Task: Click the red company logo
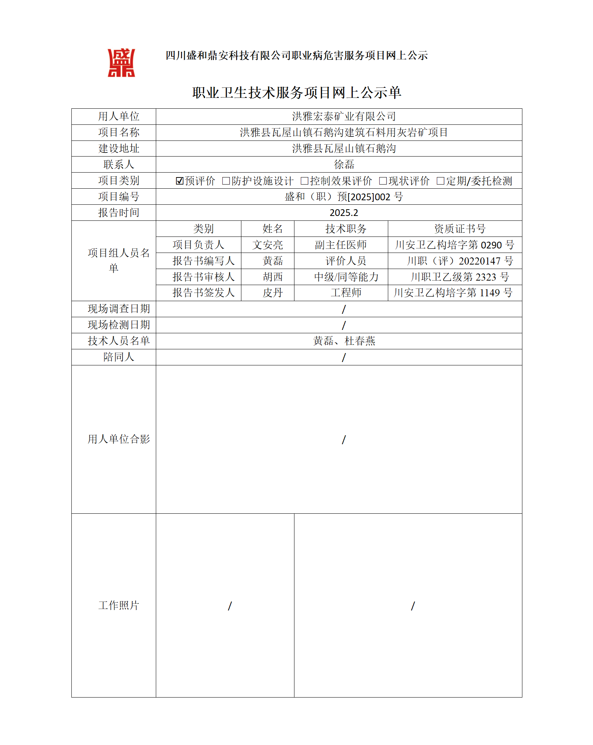pyautogui.click(x=121, y=63)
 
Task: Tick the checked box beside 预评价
pyautogui.click(x=179, y=181)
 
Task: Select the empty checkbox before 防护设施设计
pyautogui.click(x=226, y=181)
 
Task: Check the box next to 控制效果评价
pyautogui.click(x=304, y=181)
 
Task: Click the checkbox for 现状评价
pyautogui.click(x=383, y=181)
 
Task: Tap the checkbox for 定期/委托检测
pyautogui.click(x=440, y=181)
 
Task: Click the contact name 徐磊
pyautogui.click(x=344, y=164)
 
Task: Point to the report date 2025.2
pyautogui.click(x=344, y=213)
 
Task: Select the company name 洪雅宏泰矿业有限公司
pyautogui.click(x=344, y=117)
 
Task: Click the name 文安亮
pyautogui.click(x=268, y=245)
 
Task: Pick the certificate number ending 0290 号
pyautogui.click(x=454, y=245)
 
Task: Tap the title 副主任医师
pyautogui.click(x=341, y=245)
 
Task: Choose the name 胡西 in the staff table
pyautogui.click(x=273, y=277)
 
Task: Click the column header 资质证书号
pyautogui.click(x=460, y=229)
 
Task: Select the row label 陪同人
pyautogui.click(x=118, y=357)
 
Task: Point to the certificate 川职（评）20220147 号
pyautogui.click(x=460, y=261)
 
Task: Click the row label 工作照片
pyautogui.click(x=118, y=605)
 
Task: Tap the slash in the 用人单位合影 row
pyautogui.click(x=344, y=440)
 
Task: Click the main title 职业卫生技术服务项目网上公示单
pyautogui.click(x=297, y=93)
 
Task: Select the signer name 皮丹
pyautogui.click(x=273, y=293)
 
